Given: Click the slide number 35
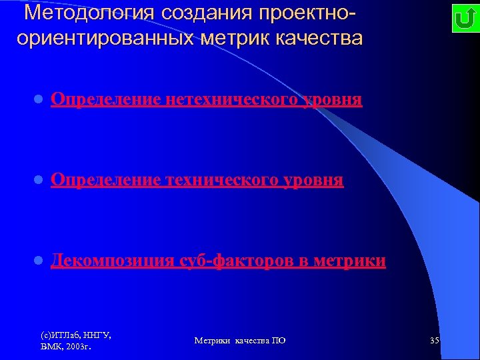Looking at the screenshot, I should pos(435,341).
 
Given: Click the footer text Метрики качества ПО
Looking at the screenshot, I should pos(240,341).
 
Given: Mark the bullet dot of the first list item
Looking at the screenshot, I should pos(39,101).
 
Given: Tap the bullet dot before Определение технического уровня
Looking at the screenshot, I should pos(39,181).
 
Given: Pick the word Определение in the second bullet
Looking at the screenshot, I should pos(105,180).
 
